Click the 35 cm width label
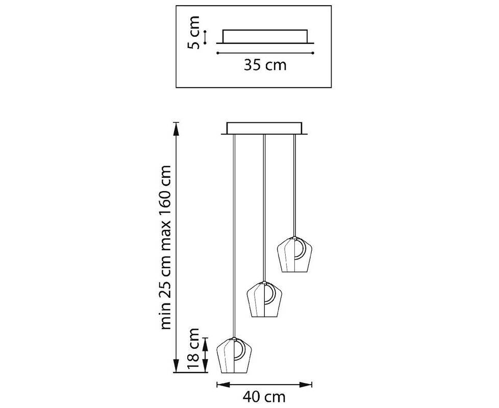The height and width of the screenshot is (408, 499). pyautogui.click(x=265, y=65)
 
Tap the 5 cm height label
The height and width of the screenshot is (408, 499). pyautogui.click(x=193, y=33)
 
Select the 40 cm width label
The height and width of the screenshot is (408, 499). pyautogui.click(x=264, y=397)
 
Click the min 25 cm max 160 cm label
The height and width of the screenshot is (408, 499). pyautogui.click(x=166, y=247)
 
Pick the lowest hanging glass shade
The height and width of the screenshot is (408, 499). pyautogui.click(x=234, y=355)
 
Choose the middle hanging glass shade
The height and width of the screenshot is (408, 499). pyautogui.click(x=265, y=299)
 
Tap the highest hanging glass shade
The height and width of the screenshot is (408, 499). pyautogui.click(x=294, y=254)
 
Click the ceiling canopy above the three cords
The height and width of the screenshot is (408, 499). pyautogui.click(x=264, y=129)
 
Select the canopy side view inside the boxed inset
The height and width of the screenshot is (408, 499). pyautogui.click(x=265, y=37)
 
